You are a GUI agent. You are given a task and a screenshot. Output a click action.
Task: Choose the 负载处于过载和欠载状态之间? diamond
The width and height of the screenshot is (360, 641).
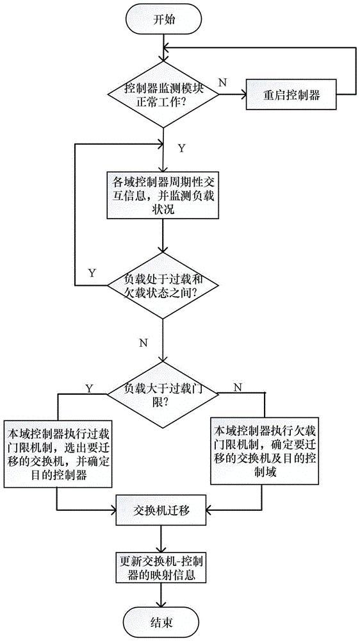point(163,285)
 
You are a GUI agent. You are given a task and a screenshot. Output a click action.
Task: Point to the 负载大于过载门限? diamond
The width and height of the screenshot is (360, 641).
point(163,394)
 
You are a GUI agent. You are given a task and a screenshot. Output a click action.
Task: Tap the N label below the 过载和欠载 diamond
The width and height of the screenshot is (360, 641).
point(143,342)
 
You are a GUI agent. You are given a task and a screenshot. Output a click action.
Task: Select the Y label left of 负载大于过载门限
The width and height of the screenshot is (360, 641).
point(88,387)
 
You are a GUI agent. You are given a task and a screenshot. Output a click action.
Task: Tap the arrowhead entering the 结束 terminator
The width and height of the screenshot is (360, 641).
point(163,605)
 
